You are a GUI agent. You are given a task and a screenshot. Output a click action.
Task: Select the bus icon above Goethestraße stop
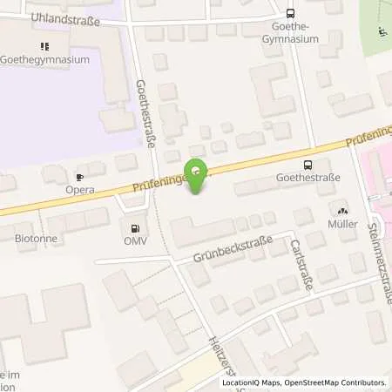[307, 164]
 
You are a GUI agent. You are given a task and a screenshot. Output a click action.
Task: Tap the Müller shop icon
[341, 210]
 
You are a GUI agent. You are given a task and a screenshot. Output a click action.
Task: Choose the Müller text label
[341, 224]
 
